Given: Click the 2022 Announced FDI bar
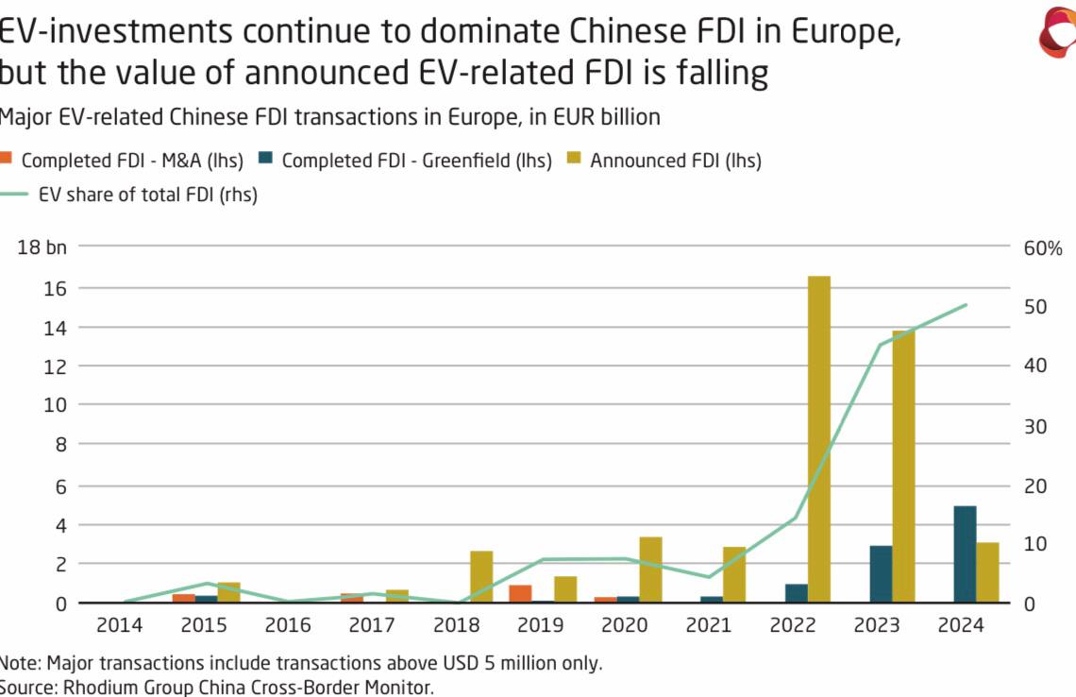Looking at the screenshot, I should click(818, 439).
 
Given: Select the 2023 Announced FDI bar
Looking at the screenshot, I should click(903, 467).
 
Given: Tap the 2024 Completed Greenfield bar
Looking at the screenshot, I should click(965, 554).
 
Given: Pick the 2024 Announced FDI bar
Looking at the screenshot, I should click(987, 572).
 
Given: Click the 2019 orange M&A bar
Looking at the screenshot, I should click(520, 594).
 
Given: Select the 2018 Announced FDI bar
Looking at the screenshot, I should click(481, 576).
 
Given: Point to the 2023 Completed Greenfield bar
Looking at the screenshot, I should click(881, 574).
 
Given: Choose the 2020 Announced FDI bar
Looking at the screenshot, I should click(650, 569).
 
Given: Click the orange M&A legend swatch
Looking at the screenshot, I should click(8, 160).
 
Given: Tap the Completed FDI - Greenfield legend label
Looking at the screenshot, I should click(416, 161).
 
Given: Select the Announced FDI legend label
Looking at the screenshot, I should click(676, 161).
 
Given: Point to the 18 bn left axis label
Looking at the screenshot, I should click(42, 248).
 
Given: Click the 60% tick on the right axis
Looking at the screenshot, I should click(1043, 249).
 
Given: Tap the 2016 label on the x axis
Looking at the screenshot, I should click(288, 625).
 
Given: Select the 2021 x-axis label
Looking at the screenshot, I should click(709, 625).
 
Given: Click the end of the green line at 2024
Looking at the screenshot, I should click(966, 305).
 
